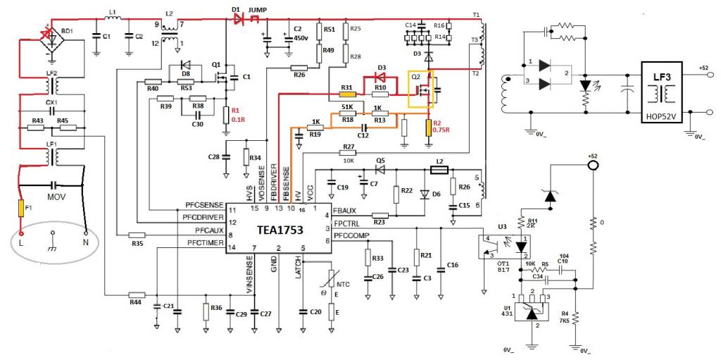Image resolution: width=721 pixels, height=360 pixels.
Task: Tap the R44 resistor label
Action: click(x=135, y=301)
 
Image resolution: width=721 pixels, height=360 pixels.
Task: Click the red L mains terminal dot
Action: click(x=21, y=232)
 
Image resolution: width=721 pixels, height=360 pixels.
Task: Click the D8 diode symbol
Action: click(x=186, y=73)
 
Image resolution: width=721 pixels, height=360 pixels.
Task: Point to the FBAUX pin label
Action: click(x=346, y=209)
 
